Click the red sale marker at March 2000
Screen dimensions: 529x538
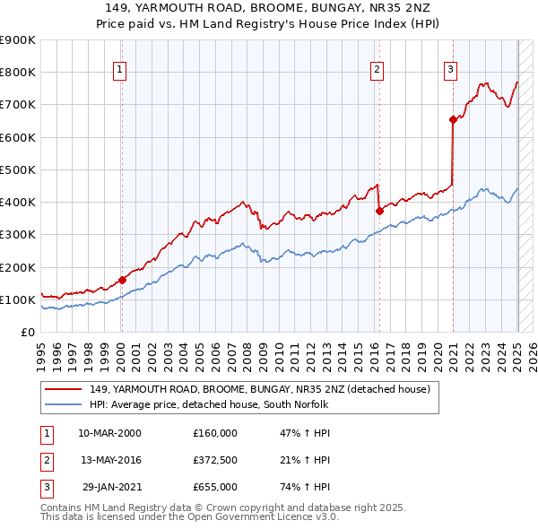(122, 280)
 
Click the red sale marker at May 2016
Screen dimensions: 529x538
(379, 212)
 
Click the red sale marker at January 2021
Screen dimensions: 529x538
(453, 119)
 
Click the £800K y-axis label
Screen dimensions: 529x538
(19, 73)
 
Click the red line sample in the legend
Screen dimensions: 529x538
(65, 389)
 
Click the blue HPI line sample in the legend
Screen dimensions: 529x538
(65, 404)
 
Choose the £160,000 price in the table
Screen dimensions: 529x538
(215, 432)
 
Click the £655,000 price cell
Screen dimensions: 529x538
(215, 487)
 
